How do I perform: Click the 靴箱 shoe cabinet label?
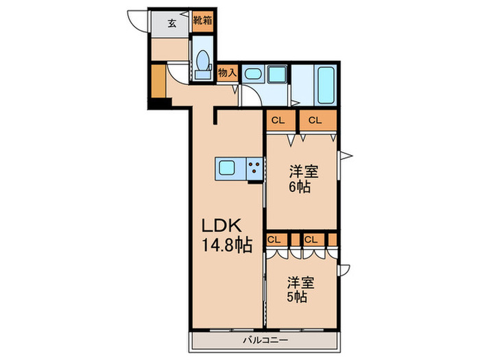[203, 21]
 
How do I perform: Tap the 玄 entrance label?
[172, 23]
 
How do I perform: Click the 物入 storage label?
[227, 73]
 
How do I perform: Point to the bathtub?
[326, 85]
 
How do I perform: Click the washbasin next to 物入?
[253, 74]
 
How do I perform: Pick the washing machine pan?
[277, 74]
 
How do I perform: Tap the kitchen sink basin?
[226, 169]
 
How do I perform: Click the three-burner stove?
[254, 169]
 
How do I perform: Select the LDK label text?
[221, 226]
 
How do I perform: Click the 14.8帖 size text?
[227, 245]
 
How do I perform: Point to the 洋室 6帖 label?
[304, 179]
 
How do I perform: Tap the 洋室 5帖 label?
[300, 289]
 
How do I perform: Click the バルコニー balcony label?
[265, 340]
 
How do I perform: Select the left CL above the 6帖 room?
[278, 120]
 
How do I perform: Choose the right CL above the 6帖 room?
[315, 120]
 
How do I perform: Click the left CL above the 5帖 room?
[274, 240]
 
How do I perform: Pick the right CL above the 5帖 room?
[311, 240]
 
